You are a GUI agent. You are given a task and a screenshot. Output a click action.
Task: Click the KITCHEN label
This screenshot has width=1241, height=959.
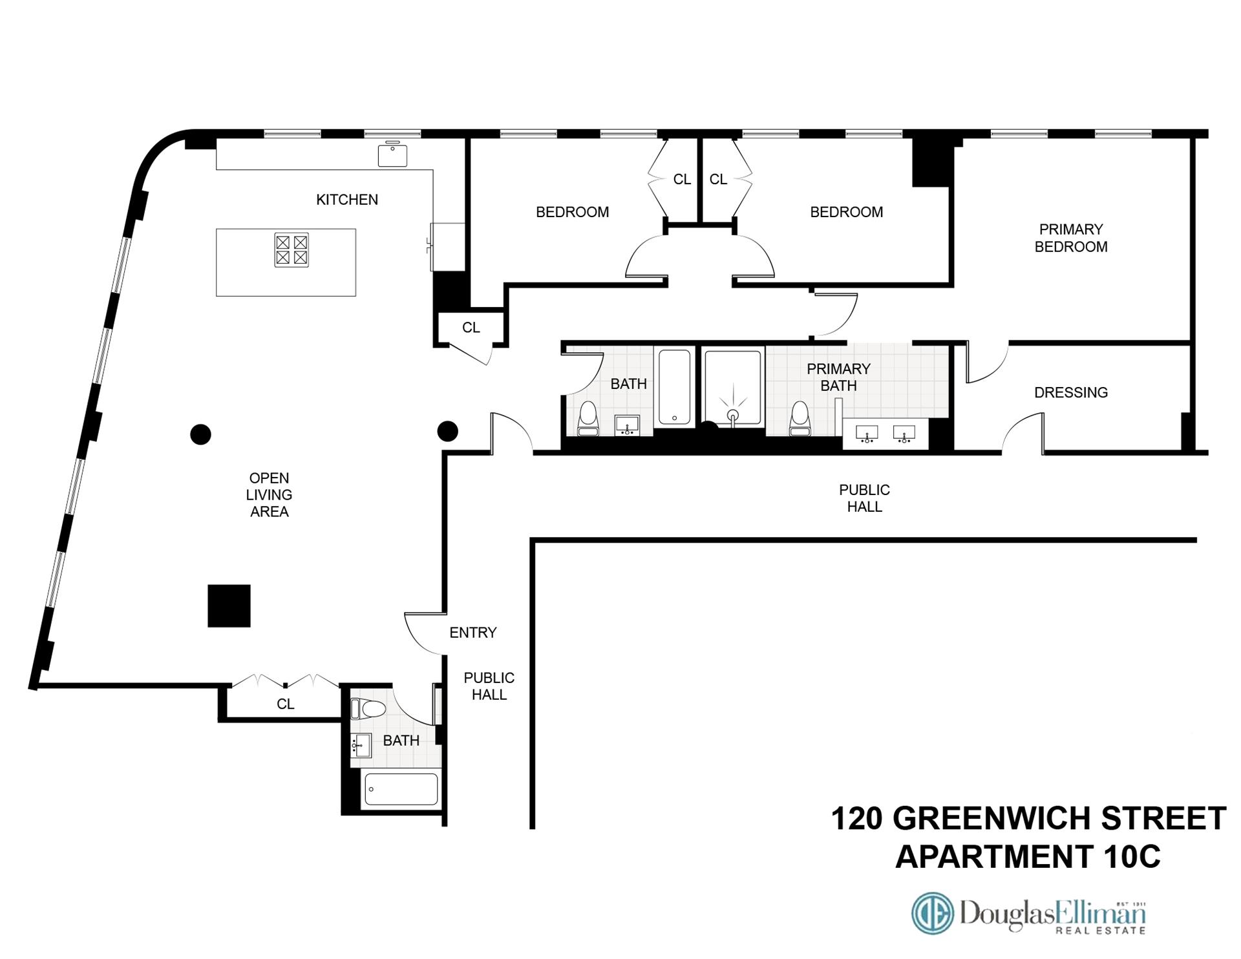coord(346,200)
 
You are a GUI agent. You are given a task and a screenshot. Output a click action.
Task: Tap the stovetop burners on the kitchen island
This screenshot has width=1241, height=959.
coord(291,250)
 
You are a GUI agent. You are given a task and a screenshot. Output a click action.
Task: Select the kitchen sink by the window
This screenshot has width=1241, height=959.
coord(392,155)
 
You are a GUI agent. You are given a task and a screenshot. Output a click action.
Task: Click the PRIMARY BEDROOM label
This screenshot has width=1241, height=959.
coord(1070,238)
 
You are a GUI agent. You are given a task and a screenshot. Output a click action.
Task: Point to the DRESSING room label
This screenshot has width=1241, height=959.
coord(1070,392)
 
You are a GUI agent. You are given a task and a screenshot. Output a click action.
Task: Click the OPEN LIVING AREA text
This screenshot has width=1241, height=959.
coord(269,494)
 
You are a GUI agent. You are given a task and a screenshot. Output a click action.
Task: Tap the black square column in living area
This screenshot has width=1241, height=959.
coord(229,606)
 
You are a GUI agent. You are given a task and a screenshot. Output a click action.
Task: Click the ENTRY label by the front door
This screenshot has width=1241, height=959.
coord(472,633)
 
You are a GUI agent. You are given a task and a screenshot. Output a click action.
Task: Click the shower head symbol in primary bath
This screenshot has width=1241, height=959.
coord(733,414)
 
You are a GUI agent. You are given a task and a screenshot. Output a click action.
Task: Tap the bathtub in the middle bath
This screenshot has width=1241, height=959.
coord(674,386)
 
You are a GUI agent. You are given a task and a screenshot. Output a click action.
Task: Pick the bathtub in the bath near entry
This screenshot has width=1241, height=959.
coord(401,789)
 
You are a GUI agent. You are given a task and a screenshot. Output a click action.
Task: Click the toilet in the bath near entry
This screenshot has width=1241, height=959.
coord(368,709)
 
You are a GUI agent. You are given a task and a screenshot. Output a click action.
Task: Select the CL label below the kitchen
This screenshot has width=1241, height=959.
coord(471,328)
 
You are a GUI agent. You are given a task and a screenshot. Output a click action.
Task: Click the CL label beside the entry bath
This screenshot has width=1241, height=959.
coord(285,704)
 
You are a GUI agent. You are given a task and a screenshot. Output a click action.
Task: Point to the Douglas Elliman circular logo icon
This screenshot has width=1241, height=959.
coord(932,913)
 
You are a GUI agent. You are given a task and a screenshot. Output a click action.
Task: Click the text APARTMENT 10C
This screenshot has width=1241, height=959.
coord(1028,857)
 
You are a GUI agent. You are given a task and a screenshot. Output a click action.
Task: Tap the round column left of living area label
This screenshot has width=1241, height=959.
coord(201,434)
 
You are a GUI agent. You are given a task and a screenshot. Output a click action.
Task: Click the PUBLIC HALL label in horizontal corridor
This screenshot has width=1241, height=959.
coord(864,498)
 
